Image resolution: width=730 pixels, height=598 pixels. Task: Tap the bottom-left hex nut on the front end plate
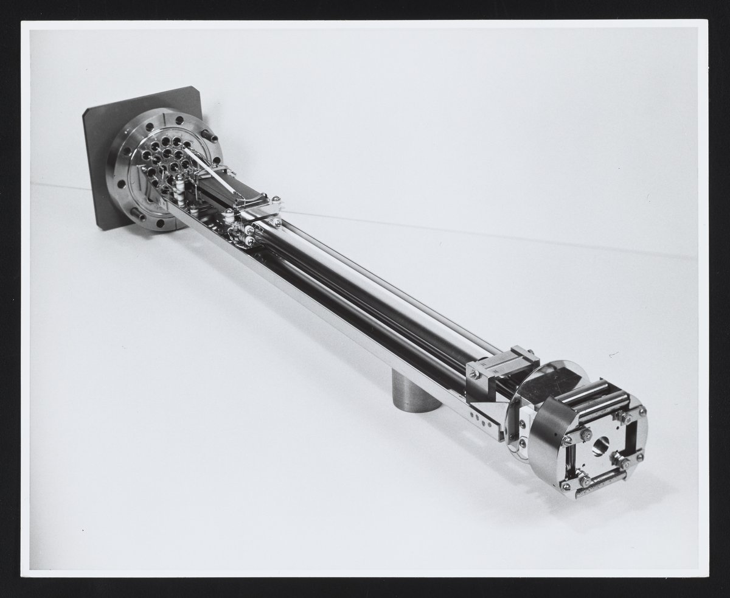tap(565, 484)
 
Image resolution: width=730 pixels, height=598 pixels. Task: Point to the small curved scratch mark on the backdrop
tap(613, 352)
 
